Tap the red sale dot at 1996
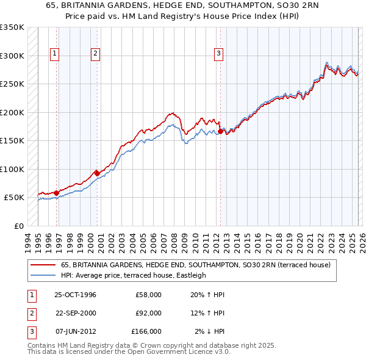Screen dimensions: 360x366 coord(57,193)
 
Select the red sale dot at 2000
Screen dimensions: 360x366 coord(97,173)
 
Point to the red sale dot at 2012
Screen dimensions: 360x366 coord(220,131)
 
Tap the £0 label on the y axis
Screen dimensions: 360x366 coord(18,226)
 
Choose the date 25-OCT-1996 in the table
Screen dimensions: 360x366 coord(75,295)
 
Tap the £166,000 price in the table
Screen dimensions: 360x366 coord(146,331)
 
